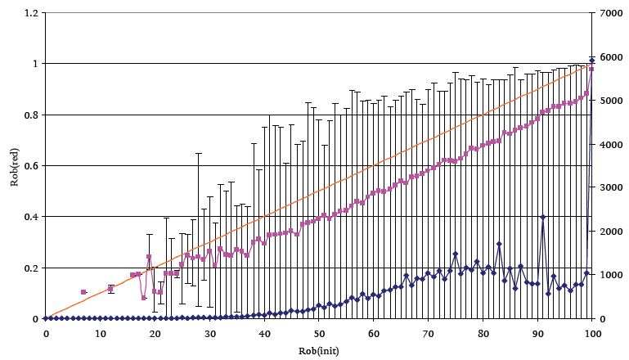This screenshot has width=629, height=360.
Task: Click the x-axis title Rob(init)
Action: point(318,350)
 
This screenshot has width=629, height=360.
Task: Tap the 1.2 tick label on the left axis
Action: point(31,13)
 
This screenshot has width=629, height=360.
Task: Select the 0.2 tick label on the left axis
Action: point(31,268)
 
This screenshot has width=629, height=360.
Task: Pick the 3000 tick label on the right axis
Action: point(608,187)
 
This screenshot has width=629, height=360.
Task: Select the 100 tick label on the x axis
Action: point(592,334)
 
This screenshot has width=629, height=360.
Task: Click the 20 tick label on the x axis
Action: point(155,334)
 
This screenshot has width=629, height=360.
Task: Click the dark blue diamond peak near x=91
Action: point(542,217)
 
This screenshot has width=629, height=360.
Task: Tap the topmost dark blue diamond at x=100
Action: point(591,61)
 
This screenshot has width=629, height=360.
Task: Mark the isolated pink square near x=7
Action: point(83,292)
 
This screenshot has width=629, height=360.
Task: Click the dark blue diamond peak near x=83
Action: point(499,244)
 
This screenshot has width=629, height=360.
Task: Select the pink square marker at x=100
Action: point(591,70)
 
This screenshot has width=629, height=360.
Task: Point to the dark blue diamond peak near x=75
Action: point(456,254)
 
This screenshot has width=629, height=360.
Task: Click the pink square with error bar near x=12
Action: point(110,288)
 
